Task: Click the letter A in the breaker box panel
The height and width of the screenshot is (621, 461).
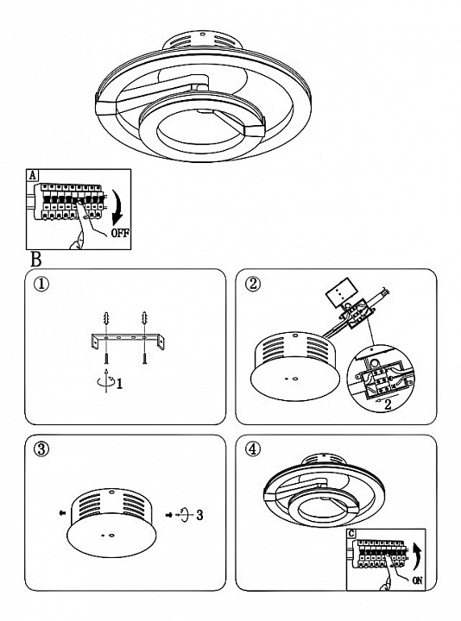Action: tap(32, 175)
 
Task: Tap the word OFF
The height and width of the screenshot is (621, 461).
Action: tap(120, 233)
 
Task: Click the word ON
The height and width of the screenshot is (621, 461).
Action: tap(417, 580)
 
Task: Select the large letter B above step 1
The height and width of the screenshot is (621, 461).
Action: tap(36, 260)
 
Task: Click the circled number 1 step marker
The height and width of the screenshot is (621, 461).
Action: tap(41, 284)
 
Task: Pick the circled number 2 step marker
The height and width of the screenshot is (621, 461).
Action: tap(253, 284)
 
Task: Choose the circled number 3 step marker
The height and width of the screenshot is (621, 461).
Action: tap(41, 449)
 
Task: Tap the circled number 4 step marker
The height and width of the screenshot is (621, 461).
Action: tap(253, 449)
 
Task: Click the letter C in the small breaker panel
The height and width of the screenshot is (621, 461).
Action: tap(351, 534)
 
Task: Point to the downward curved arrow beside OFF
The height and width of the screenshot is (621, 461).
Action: tap(118, 208)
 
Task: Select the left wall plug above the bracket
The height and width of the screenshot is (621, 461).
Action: tap(106, 319)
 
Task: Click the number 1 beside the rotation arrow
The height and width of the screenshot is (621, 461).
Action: tap(119, 383)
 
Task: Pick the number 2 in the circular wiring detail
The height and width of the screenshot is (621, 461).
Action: tap(388, 405)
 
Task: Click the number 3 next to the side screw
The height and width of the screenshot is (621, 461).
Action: tap(199, 515)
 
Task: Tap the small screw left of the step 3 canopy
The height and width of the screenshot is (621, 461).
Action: tap(62, 512)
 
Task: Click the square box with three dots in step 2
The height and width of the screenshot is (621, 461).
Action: tap(340, 292)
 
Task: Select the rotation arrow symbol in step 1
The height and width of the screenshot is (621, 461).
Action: tap(106, 380)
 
